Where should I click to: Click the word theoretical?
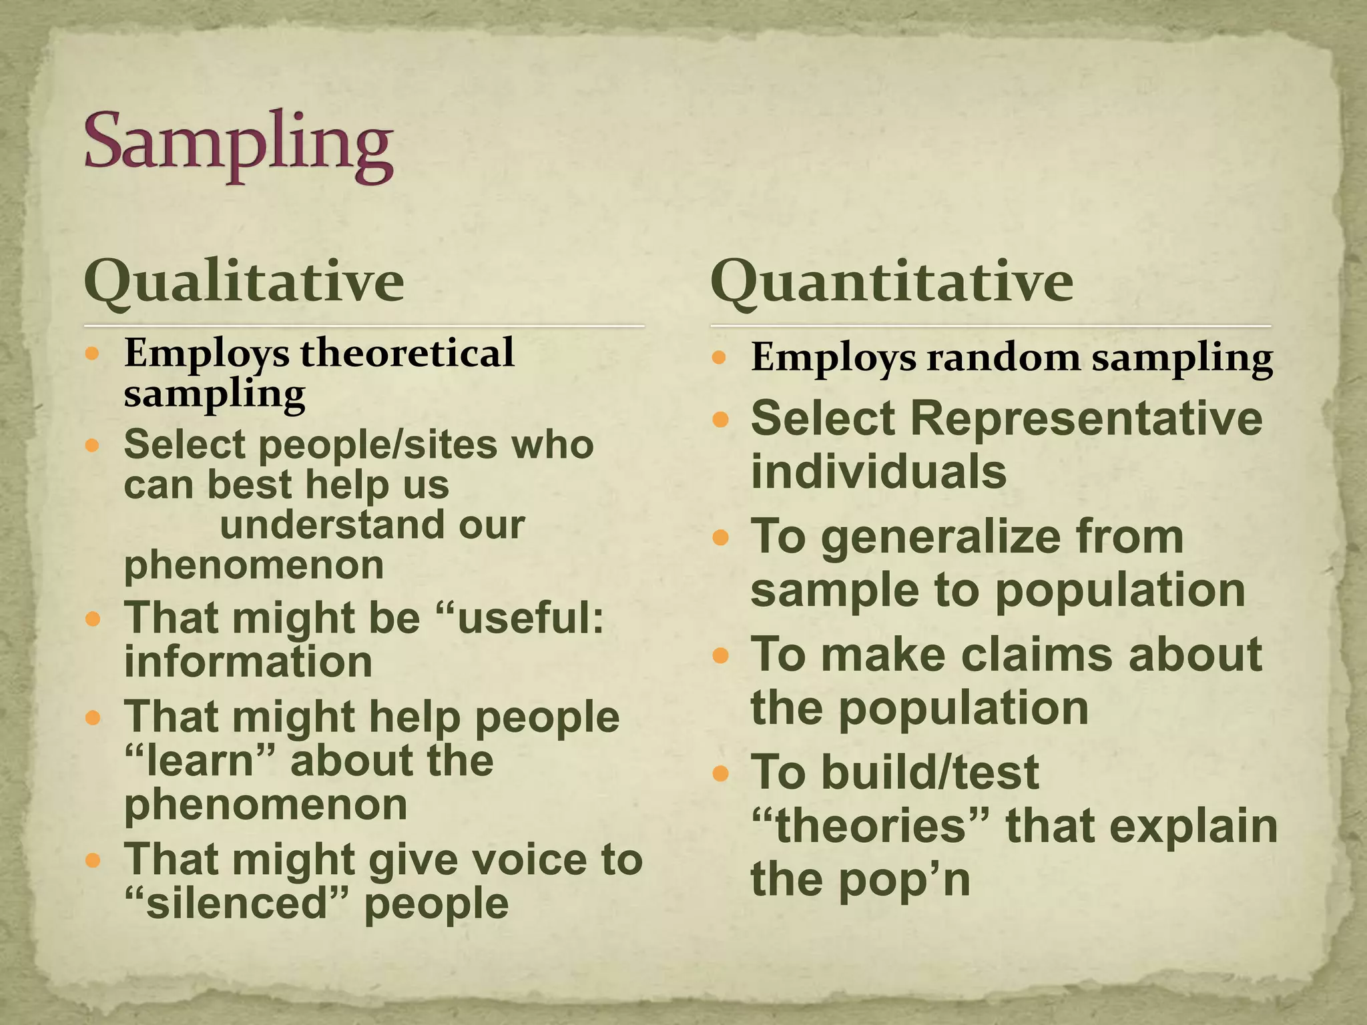click(x=407, y=352)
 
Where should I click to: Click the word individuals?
click(x=878, y=471)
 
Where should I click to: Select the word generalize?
click(x=1002, y=538)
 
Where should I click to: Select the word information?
click(x=248, y=662)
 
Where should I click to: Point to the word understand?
click(x=330, y=525)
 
